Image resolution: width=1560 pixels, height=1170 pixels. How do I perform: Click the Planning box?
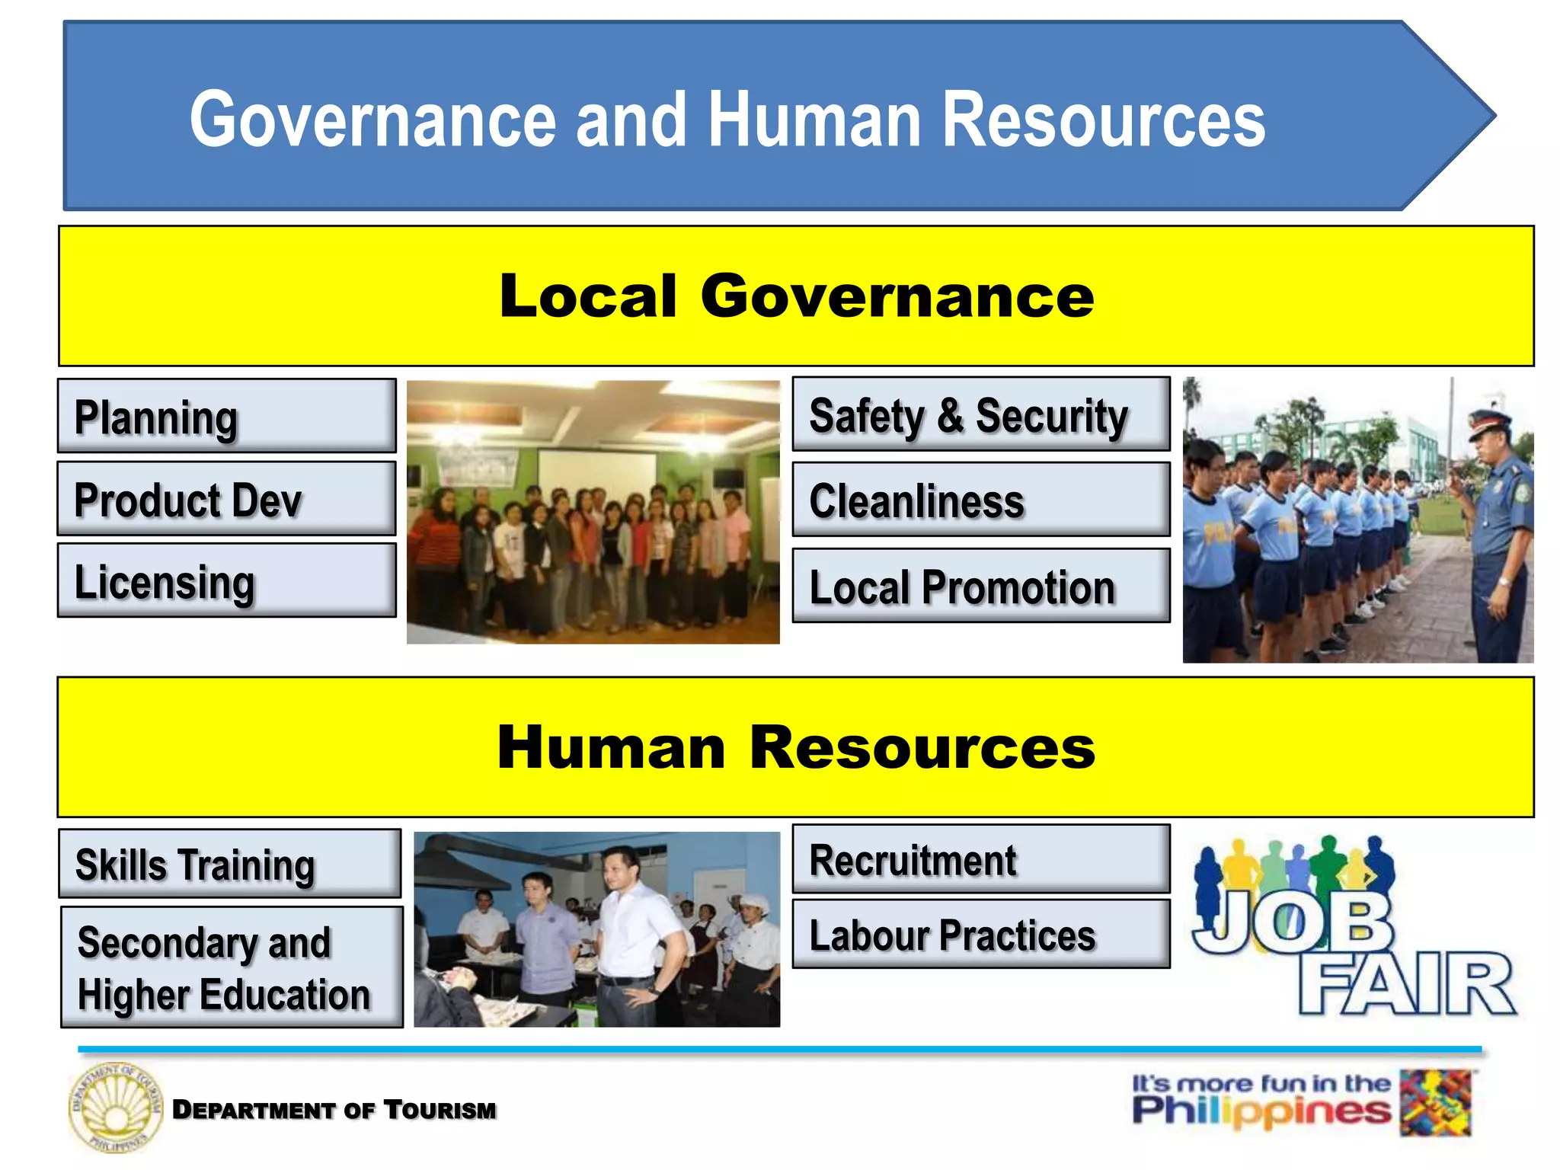tap(226, 416)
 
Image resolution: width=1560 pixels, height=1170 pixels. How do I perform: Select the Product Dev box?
tap(226, 499)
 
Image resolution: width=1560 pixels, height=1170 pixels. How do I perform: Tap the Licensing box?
tap(226, 580)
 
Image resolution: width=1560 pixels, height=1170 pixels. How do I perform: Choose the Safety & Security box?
tap(980, 414)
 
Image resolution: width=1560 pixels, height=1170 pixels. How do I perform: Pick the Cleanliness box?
tap(980, 500)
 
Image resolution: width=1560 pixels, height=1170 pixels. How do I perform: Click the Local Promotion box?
tap(980, 586)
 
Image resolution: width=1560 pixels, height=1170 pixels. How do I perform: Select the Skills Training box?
tap(229, 864)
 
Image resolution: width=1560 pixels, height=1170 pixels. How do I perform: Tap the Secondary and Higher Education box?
tap(232, 967)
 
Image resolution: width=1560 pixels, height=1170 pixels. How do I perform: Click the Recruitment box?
tap(980, 859)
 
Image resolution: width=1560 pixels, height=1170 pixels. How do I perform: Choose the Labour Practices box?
tap(980, 934)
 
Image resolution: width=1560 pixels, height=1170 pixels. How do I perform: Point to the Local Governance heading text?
tap(796, 296)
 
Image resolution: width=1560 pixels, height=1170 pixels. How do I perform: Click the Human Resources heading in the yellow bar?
tap(796, 747)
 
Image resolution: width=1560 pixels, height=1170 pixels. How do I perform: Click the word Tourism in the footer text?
tap(440, 1110)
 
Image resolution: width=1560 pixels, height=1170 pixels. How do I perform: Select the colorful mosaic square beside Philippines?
tap(1436, 1103)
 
